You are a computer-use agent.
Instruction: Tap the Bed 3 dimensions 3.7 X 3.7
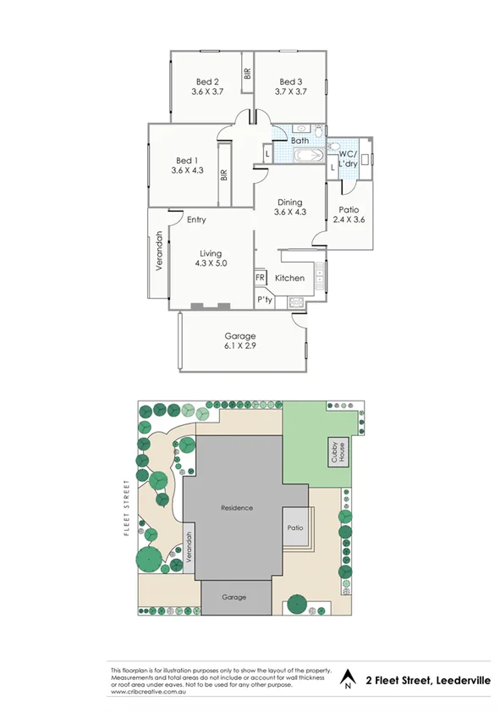290,91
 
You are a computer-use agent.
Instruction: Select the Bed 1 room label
187,161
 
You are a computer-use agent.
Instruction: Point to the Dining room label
289,202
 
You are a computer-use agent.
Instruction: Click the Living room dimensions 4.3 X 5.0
211,263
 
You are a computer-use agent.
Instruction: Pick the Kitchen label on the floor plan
289,279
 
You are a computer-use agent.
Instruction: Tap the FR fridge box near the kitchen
260,278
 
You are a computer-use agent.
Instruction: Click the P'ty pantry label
265,301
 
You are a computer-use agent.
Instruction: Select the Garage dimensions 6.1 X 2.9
239,346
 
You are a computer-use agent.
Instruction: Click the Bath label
300,141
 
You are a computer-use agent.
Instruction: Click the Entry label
196,220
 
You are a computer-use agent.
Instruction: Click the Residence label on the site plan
237,508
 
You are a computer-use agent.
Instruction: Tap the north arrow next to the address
346,680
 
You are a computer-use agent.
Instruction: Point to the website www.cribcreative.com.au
148,693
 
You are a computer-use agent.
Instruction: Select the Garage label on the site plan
234,597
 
